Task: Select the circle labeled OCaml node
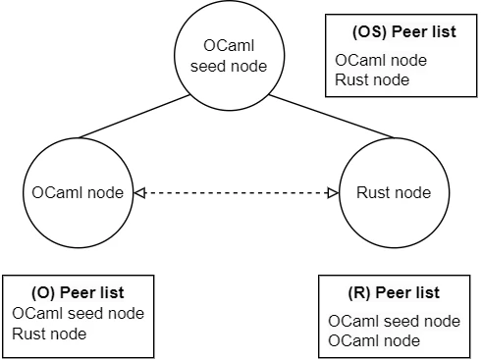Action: pos(75,192)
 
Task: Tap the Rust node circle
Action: pos(393,192)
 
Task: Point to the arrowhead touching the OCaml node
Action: pos(137,193)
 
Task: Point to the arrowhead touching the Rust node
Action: pos(332,193)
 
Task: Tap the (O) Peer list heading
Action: pos(79,292)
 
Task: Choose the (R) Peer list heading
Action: pos(394,292)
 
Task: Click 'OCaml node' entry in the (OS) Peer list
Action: pos(381,60)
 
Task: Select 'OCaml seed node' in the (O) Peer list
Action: pos(79,314)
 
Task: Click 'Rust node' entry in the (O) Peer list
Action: pos(49,334)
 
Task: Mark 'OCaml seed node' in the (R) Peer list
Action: pos(394,321)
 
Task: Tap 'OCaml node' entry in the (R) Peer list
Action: pos(374,340)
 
